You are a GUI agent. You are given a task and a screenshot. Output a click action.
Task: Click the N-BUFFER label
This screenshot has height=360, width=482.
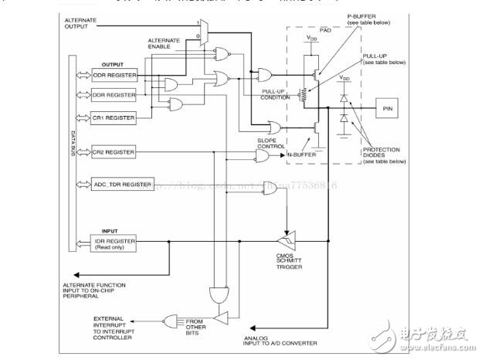tap(303, 155)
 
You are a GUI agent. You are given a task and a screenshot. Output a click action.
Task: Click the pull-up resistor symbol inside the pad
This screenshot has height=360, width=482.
tap(304, 93)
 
